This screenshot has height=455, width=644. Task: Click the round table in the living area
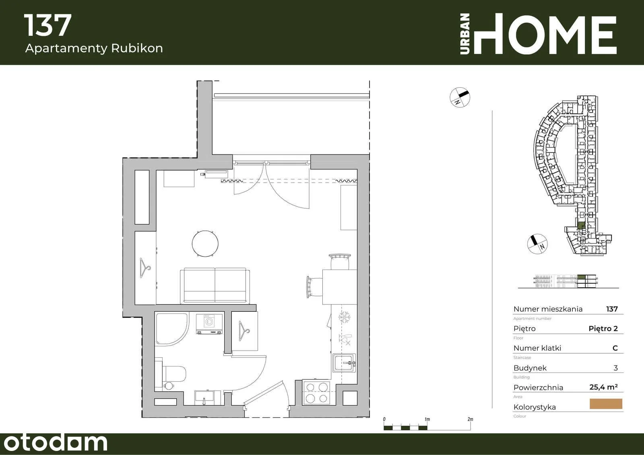tap(205, 243)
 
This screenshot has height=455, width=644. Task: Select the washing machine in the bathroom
tap(209, 324)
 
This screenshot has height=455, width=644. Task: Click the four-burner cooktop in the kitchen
tap(316, 392)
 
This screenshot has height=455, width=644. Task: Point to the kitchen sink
tap(344, 363)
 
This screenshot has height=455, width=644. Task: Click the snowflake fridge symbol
tap(344, 317)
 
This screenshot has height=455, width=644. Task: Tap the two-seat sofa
tap(215, 286)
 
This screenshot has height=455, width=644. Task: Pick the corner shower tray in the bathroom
tap(171, 329)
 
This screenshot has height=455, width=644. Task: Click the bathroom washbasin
tap(204, 397)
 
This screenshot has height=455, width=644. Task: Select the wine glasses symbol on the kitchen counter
tap(345, 340)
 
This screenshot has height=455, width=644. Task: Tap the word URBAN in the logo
tap(465, 34)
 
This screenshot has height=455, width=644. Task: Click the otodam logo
tap(56, 443)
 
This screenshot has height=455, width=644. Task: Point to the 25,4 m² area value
tap(603, 387)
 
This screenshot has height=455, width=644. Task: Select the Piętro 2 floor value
tap(603, 329)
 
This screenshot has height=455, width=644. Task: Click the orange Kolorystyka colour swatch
tap(606, 404)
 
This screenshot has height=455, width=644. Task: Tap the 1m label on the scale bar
tap(427, 419)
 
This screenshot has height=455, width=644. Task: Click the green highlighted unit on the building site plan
tap(581, 226)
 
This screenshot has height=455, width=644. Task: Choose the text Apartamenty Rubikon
tap(94, 48)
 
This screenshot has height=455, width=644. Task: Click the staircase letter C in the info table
tap(615, 348)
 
